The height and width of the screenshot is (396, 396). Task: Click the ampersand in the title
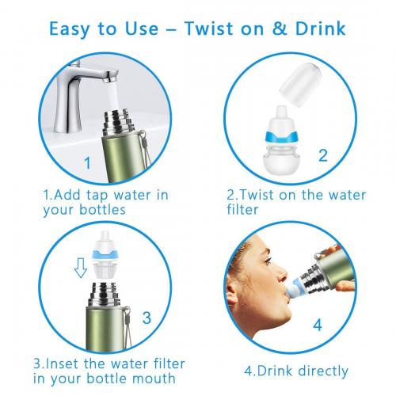pyautogui.click(x=280, y=29)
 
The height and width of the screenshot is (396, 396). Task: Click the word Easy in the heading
pyautogui.click(x=70, y=29)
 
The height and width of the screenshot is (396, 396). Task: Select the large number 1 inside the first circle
pyautogui.click(x=88, y=162)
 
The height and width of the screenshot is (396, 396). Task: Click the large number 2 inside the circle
pyautogui.click(x=323, y=155)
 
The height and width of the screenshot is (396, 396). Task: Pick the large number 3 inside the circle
pyautogui.click(x=147, y=318)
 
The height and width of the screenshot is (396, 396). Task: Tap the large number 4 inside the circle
pyautogui.click(x=318, y=325)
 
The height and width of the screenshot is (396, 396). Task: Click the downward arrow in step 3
pyautogui.click(x=80, y=268)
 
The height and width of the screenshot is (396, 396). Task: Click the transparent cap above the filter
pyautogui.click(x=300, y=85)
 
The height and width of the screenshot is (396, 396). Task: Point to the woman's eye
pyautogui.click(x=268, y=261)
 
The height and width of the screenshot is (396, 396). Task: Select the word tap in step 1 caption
pyautogui.click(x=97, y=196)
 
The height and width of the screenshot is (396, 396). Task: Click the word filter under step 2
pyautogui.click(x=242, y=209)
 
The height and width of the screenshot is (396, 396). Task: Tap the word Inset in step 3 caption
pyautogui.click(x=63, y=364)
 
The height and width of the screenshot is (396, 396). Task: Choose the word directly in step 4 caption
pyautogui.click(x=323, y=371)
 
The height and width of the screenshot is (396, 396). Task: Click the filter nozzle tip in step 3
pyautogui.click(x=105, y=234)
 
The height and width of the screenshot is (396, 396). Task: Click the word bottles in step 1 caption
pyautogui.click(x=102, y=210)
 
